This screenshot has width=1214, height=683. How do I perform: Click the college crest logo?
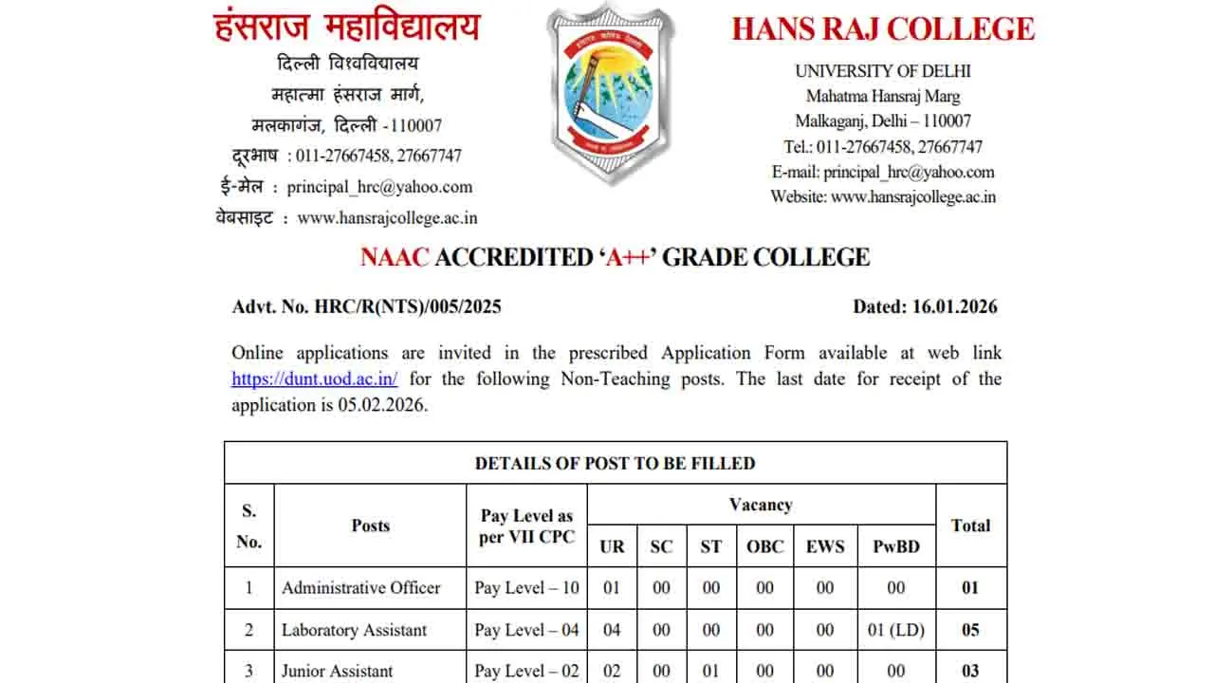(x=611, y=93)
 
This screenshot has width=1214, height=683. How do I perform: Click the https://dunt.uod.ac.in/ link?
(x=315, y=379)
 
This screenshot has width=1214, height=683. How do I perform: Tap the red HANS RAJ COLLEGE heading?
(x=883, y=28)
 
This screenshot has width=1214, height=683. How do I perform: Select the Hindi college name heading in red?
(x=347, y=27)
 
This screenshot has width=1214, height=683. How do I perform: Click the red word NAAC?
(x=395, y=257)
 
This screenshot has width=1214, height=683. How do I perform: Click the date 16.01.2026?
(x=957, y=306)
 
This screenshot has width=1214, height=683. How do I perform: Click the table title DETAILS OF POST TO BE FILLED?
(x=615, y=464)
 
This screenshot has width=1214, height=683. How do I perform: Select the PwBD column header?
(x=896, y=546)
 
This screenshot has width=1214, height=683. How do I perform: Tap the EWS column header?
(x=825, y=546)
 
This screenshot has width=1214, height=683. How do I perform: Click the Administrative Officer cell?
(x=361, y=588)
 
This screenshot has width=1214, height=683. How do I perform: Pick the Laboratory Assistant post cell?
(x=354, y=630)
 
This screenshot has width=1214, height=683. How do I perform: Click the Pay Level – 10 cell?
(x=526, y=588)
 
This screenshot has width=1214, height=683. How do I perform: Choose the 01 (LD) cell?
(x=896, y=630)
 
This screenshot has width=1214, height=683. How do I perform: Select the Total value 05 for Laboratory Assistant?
(x=970, y=630)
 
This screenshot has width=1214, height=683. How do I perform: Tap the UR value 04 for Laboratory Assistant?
(x=612, y=630)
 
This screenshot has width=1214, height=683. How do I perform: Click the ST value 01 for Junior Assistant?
(x=711, y=671)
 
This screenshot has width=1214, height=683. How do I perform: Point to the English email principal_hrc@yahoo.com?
(x=909, y=173)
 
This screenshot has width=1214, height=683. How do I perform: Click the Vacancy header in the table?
(x=761, y=505)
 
